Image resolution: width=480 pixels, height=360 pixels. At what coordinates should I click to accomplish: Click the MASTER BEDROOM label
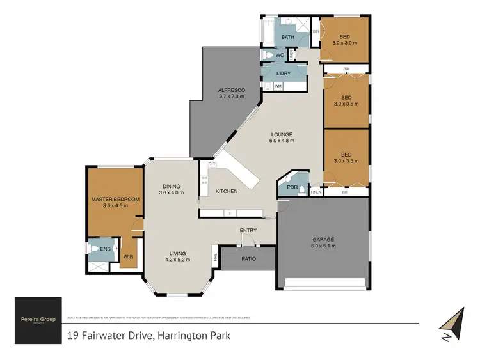pyautogui.click(x=115, y=198)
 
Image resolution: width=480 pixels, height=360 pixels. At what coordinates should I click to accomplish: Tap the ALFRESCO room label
pyautogui.click(x=229, y=90)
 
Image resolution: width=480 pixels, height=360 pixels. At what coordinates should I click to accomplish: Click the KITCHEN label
pyautogui.click(x=227, y=191)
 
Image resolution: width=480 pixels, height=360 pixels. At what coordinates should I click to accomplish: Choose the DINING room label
pyautogui.click(x=171, y=186)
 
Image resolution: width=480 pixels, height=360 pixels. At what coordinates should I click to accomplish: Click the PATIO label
pyautogui.click(x=248, y=259)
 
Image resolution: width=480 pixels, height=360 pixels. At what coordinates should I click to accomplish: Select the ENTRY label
pyautogui.click(x=248, y=230)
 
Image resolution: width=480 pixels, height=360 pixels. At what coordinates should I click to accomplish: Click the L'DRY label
pyautogui.click(x=284, y=73)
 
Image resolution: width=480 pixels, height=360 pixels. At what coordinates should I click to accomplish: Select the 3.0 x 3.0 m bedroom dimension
pyautogui.click(x=345, y=43)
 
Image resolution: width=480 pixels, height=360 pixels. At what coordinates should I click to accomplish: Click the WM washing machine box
pyautogui.click(x=279, y=85)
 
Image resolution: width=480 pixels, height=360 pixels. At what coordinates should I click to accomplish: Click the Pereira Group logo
pyautogui.click(x=38, y=318)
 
